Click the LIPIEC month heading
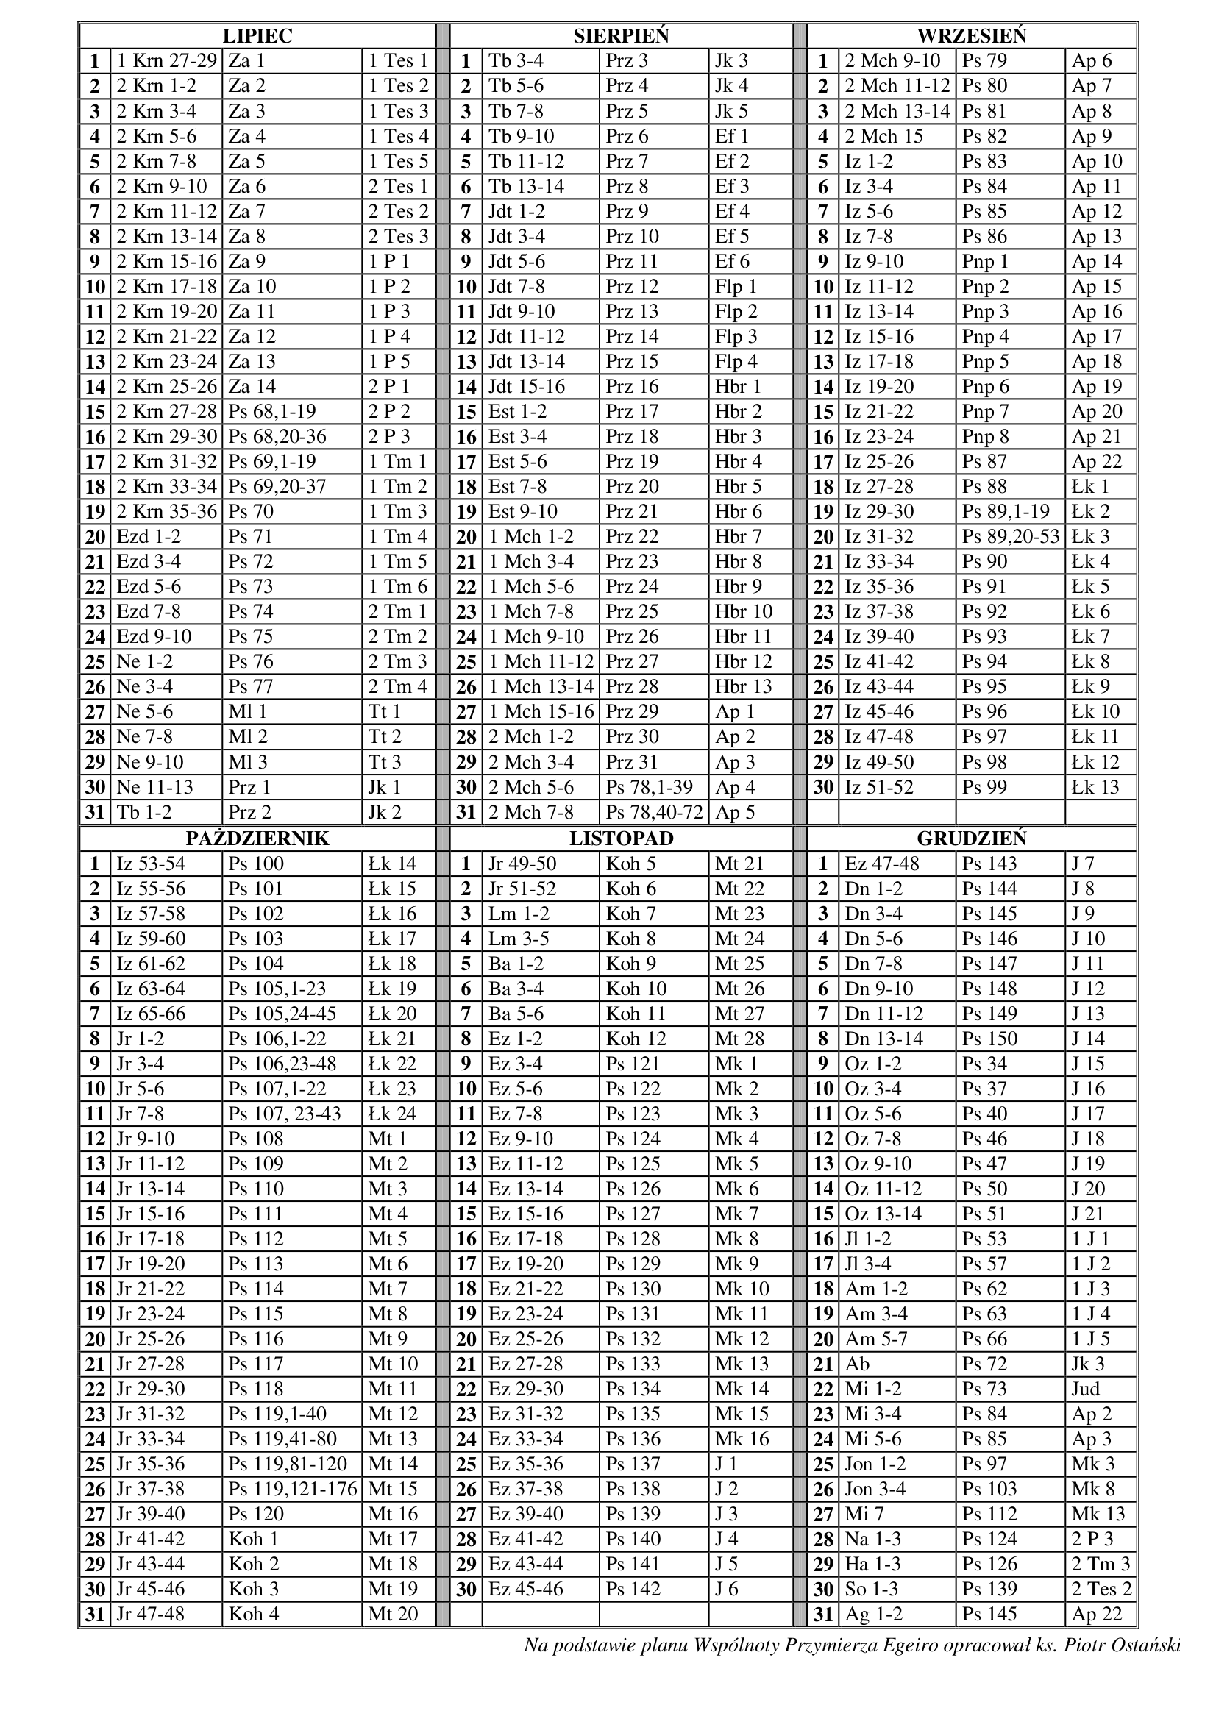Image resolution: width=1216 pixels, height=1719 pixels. click(x=257, y=36)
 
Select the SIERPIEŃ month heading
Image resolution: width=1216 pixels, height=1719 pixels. click(x=621, y=36)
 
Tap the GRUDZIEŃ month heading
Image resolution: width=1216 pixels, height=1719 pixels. click(x=971, y=838)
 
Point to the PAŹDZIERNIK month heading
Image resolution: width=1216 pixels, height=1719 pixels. click(x=257, y=838)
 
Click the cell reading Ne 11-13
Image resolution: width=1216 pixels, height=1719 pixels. click(x=155, y=787)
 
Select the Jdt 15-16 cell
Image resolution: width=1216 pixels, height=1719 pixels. click(x=527, y=386)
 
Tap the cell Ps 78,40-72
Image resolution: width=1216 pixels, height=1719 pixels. click(x=655, y=812)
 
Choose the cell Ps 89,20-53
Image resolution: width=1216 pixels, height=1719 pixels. click(x=1011, y=536)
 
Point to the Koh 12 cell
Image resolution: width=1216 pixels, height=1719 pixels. click(x=636, y=1039)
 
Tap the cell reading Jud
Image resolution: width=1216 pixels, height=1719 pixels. click(x=1085, y=1389)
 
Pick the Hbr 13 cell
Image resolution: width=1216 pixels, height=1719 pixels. click(x=743, y=686)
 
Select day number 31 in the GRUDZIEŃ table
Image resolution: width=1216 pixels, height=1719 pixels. click(x=823, y=1614)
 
